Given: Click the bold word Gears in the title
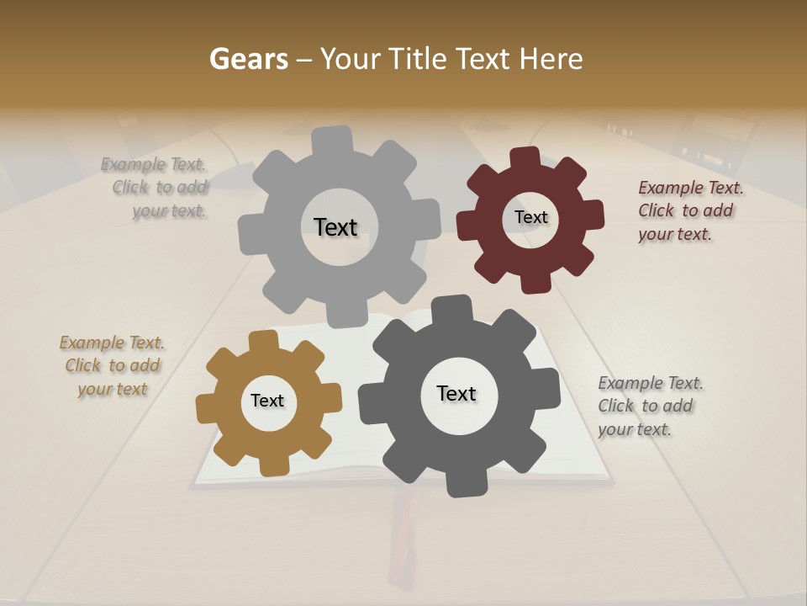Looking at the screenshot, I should pyautogui.click(x=248, y=59).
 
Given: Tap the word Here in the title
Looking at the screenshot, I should pyautogui.click(x=551, y=59).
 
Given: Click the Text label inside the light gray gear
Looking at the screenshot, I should pyautogui.click(x=335, y=227).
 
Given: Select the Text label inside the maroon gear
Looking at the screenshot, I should pyautogui.click(x=530, y=217).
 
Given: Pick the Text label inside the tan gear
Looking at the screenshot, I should pyautogui.click(x=267, y=401).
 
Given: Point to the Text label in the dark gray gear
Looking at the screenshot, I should pyautogui.click(x=456, y=394).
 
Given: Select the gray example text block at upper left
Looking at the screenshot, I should pyautogui.click(x=156, y=188).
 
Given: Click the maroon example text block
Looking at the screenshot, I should pyautogui.click(x=689, y=210).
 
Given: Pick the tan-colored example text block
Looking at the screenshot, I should pyautogui.click(x=113, y=366).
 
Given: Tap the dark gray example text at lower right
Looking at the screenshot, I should pyautogui.click(x=649, y=407).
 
